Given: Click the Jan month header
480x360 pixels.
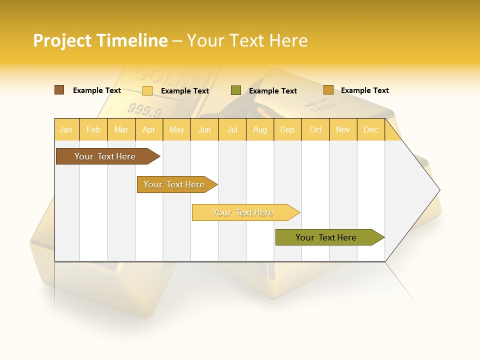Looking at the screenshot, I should tap(66, 129).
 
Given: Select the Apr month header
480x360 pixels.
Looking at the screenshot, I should tap(149, 129).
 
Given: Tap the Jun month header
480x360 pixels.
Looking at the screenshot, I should tap(204, 129).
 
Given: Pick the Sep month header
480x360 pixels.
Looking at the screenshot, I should tap(287, 129).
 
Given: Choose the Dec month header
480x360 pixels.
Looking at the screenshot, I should tap(370, 129).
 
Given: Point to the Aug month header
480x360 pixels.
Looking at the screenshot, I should tap(260, 129).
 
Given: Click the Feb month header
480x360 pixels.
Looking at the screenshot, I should tap(93, 129).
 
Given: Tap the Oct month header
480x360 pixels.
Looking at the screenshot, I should tap(315, 129).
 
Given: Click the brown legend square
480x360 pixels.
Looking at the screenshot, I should tap(59, 90).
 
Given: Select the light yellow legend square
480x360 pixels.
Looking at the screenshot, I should tap(147, 90).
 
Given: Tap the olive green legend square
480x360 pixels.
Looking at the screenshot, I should tap(236, 90).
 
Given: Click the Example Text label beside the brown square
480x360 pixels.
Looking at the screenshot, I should tap(97, 90).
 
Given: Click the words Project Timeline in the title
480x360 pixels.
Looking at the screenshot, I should tap(100, 40).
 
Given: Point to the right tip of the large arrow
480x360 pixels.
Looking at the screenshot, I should tap(439, 190).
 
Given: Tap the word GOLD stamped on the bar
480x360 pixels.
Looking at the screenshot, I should tap(162, 77).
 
